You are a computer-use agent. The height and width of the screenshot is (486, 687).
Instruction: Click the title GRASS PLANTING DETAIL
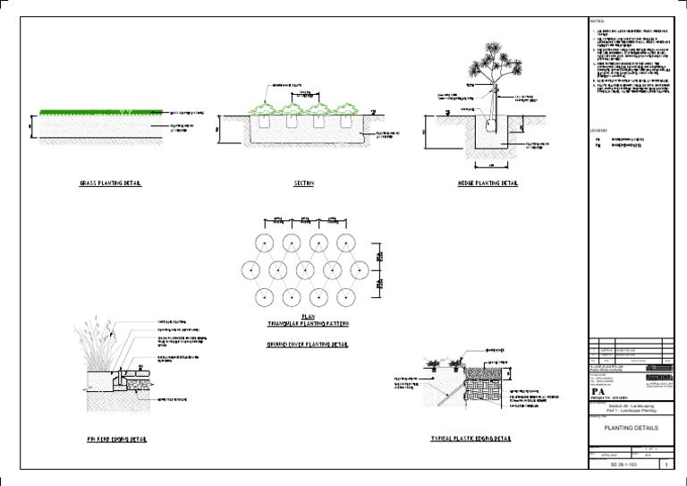pyautogui.click(x=111, y=183)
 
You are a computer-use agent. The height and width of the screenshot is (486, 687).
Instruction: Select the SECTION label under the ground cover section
pyautogui.click(x=303, y=183)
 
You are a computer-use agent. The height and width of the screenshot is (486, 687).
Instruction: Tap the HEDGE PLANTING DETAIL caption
pyautogui.click(x=487, y=183)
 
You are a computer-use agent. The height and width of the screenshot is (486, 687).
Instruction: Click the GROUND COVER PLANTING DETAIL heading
pyautogui.click(x=307, y=344)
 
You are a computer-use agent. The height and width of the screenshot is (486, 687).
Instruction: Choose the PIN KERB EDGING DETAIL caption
pyautogui.click(x=116, y=439)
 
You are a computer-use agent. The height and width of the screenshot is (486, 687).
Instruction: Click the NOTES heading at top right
pyautogui.click(x=597, y=21)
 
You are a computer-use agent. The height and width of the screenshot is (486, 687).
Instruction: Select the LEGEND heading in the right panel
pyautogui.click(x=598, y=131)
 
